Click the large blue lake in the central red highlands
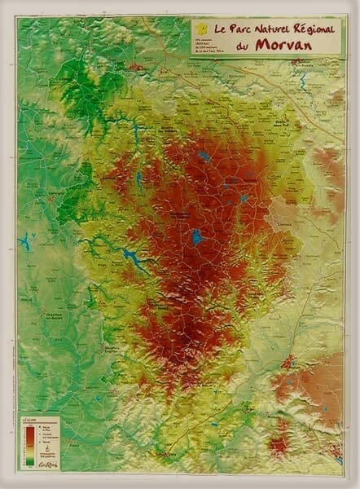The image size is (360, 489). [x=196, y=237]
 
